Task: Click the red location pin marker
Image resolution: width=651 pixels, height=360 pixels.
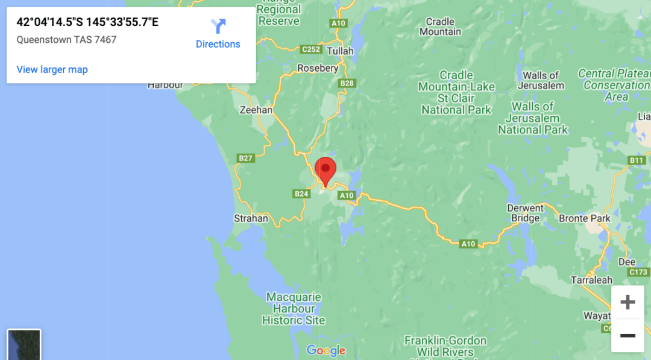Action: pyautogui.click(x=325, y=168)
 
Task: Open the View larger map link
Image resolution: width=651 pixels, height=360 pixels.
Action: pyautogui.click(x=52, y=69)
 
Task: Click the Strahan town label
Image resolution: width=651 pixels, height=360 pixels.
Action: pyautogui.click(x=251, y=218)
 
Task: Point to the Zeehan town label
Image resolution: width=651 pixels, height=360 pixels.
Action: pyautogui.click(x=256, y=110)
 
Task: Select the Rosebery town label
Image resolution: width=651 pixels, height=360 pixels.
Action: pyautogui.click(x=318, y=68)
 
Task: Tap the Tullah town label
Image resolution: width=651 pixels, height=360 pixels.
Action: pyautogui.click(x=340, y=51)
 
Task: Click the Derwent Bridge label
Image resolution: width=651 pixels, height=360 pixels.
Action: pyautogui.click(x=526, y=213)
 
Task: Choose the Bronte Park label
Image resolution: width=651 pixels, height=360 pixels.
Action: pyautogui.click(x=585, y=218)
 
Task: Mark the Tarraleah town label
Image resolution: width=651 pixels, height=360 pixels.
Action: pyautogui.click(x=591, y=280)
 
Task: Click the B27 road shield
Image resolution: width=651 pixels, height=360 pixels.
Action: pyautogui.click(x=246, y=158)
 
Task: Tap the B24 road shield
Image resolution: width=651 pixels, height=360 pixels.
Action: pyautogui.click(x=301, y=194)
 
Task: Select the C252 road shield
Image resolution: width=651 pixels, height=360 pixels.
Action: pyautogui.click(x=312, y=49)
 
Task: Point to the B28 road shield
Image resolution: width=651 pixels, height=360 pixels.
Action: pyautogui.click(x=347, y=83)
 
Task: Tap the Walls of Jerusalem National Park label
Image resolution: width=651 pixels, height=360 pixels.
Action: pyautogui.click(x=533, y=118)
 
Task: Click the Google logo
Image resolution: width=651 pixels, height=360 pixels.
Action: pyautogui.click(x=326, y=350)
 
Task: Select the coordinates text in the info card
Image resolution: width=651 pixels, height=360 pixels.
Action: pyautogui.click(x=87, y=22)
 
